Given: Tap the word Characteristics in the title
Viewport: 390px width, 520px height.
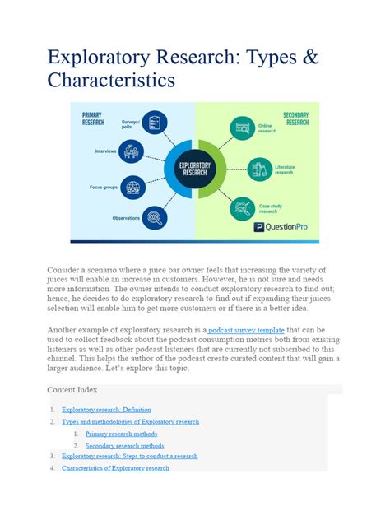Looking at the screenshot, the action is pyautogui.click(x=112, y=81).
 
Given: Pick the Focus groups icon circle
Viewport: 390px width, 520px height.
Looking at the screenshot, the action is pyautogui.click(x=131, y=187).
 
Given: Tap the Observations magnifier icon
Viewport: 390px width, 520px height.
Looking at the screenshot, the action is pyautogui.click(x=154, y=218).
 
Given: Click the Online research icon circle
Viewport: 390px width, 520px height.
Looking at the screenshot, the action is pyautogui.click(x=243, y=128).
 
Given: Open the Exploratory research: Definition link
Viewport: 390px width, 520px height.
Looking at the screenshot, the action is pyautogui.click(x=106, y=409).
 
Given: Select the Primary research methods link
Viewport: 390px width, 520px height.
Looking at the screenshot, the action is pyautogui.click(x=122, y=434).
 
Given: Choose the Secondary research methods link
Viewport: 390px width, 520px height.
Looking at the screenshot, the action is pyautogui.click(x=125, y=446).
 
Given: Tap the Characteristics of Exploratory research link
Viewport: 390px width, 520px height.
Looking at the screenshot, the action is pyautogui.click(x=115, y=468).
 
